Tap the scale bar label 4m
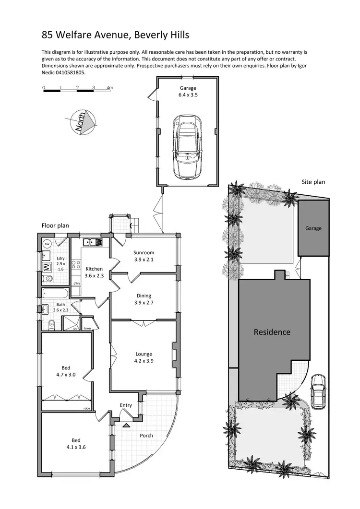coord(110,88)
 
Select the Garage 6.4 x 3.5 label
coord(188,92)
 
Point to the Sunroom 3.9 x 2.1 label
coord(144,256)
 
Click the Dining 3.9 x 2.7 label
coord(144,299)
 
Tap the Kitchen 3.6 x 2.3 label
coord(95,272)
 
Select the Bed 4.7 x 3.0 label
coord(66,371)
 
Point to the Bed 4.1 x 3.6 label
coord(76,444)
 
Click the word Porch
coord(146,436)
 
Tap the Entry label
coord(126,405)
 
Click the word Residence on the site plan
coord(272,332)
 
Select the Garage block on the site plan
coord(313,228)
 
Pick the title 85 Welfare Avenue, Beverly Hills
coord(115,35)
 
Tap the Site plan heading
coord(313,182)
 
